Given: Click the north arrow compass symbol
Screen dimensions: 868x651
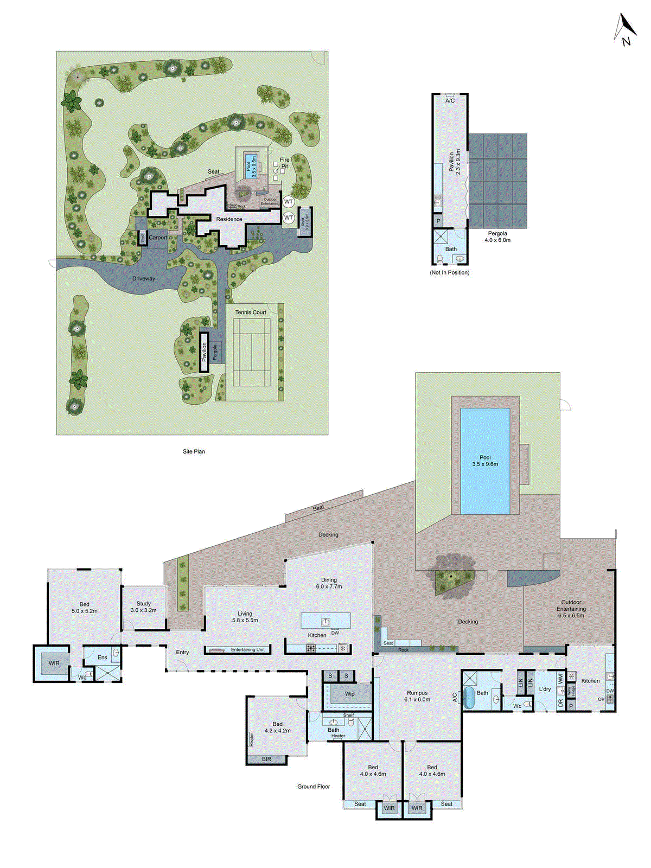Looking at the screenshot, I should tap(625, 30).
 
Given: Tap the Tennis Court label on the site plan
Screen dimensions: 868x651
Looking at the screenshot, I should tap(251, 312).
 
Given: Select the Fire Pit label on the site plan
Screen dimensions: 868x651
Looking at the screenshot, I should tap(284, 163).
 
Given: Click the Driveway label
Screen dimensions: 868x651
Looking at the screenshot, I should tap(144, 279).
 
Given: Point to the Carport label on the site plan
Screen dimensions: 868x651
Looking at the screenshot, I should tap(158, 238).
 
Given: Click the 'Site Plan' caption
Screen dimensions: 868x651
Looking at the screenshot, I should tap(194, 451).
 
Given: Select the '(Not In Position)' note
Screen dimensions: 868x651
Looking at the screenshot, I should tap(449, 272).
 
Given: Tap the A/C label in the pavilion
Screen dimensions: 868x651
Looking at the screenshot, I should tap(450, 101).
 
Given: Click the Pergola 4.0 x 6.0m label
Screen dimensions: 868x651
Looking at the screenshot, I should tap(497, 237).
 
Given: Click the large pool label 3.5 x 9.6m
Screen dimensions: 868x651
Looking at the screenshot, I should tap(485, 461).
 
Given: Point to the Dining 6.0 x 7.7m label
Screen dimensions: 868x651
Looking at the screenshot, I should tap(329, 583).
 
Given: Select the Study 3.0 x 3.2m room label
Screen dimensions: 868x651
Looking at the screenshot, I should tap(143, 607).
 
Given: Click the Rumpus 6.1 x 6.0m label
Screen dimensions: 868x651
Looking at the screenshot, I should tap(417, 696).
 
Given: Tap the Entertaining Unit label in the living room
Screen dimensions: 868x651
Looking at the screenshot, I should tap(247, 650).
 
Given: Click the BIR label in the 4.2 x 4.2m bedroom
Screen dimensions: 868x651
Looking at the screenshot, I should tap(266, 759).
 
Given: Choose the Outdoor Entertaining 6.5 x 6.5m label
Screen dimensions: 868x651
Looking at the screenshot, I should tap(571, 609).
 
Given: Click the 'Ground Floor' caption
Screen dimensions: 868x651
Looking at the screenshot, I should tap(314, 787).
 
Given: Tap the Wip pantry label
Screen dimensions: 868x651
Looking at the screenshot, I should tap(350, 694).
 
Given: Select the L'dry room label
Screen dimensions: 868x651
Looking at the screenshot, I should tap(545, 690).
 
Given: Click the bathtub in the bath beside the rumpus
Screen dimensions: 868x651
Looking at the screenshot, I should tap(468, 698).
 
